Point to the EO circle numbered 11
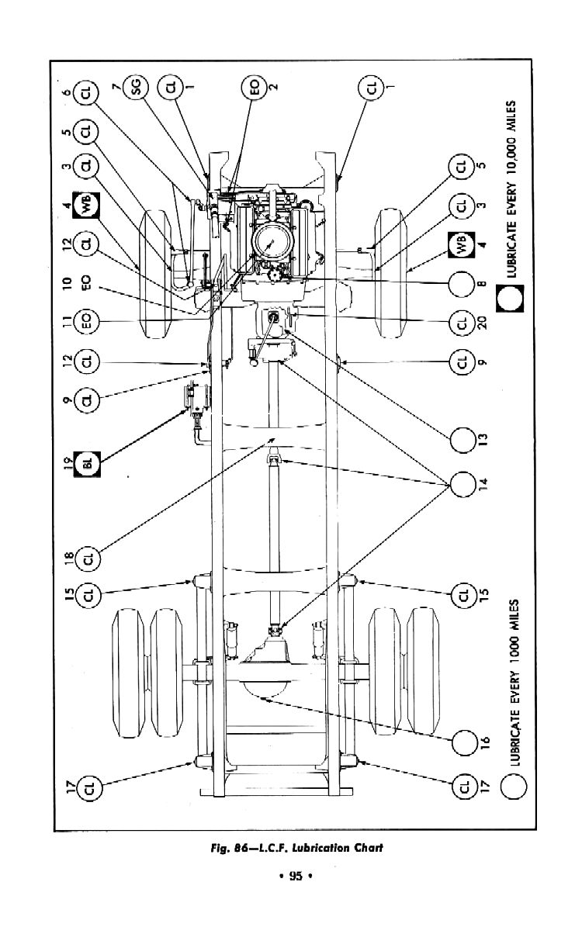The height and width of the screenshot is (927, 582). pyautogui.click(x=88, y=322)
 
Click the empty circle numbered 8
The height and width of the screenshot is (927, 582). pyautogui.click(x=462, y=285)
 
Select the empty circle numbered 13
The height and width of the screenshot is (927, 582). pyautogui.click(x=462, y=439)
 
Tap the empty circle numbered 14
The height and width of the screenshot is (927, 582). pyautogui.click(x=462, y=485)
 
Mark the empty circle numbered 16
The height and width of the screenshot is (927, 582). pyautogui.click(x=463, y=742)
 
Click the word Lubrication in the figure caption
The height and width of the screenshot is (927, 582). pyautogui.click(x=322, y=847)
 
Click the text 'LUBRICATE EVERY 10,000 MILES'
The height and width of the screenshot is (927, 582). pyautogui.click(x=512, y=189)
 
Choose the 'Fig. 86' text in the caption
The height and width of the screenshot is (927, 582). pyautogui.click(x=227, y=847)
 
